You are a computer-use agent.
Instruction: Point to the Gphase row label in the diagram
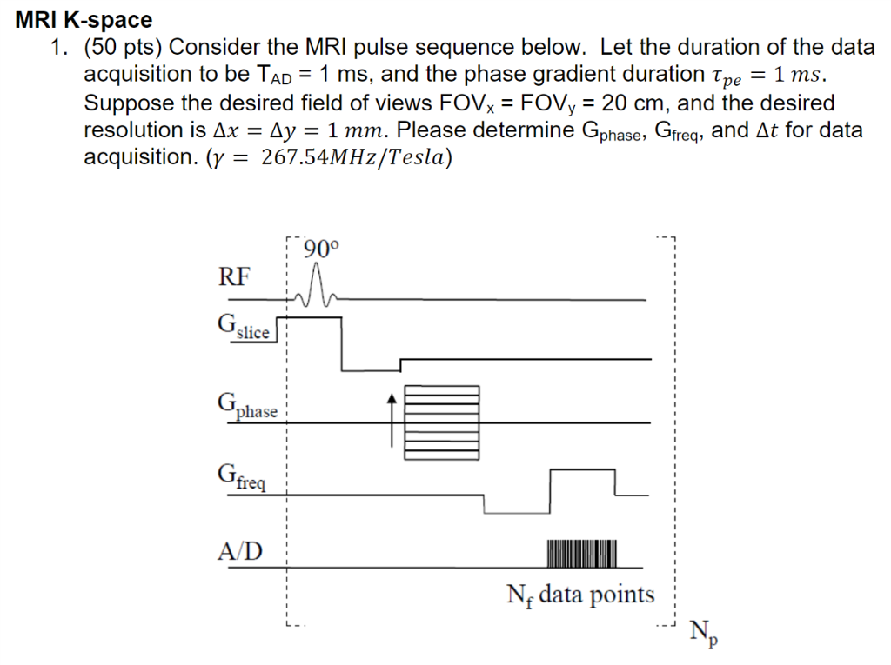[248, 407]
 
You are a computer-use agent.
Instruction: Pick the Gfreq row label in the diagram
[243, 477]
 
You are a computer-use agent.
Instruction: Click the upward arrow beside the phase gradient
[392, 417]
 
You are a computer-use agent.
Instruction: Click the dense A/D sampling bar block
[582, 552]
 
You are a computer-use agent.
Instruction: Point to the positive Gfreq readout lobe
[582, 482]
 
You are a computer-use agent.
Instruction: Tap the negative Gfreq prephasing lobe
[517, 504]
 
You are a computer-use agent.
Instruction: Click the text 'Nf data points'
[580, 595]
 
